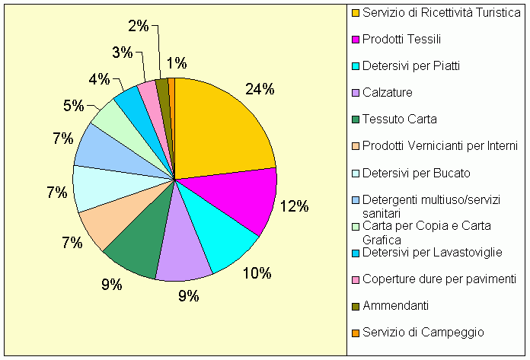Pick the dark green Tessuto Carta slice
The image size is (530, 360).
[137, 247]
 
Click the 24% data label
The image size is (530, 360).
[259, 89]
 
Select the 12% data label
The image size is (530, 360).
[293, 206]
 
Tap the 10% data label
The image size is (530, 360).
[257, 273]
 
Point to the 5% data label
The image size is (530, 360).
[74, 106]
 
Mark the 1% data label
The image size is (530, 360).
[177, 64]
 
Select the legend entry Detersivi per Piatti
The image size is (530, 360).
[410, 66]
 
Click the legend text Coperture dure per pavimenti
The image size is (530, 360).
[439, 279]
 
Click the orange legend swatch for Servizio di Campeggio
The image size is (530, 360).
[355, 332]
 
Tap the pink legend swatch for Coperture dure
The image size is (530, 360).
[355, 279]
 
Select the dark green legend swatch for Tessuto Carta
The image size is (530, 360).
[355, 119]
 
